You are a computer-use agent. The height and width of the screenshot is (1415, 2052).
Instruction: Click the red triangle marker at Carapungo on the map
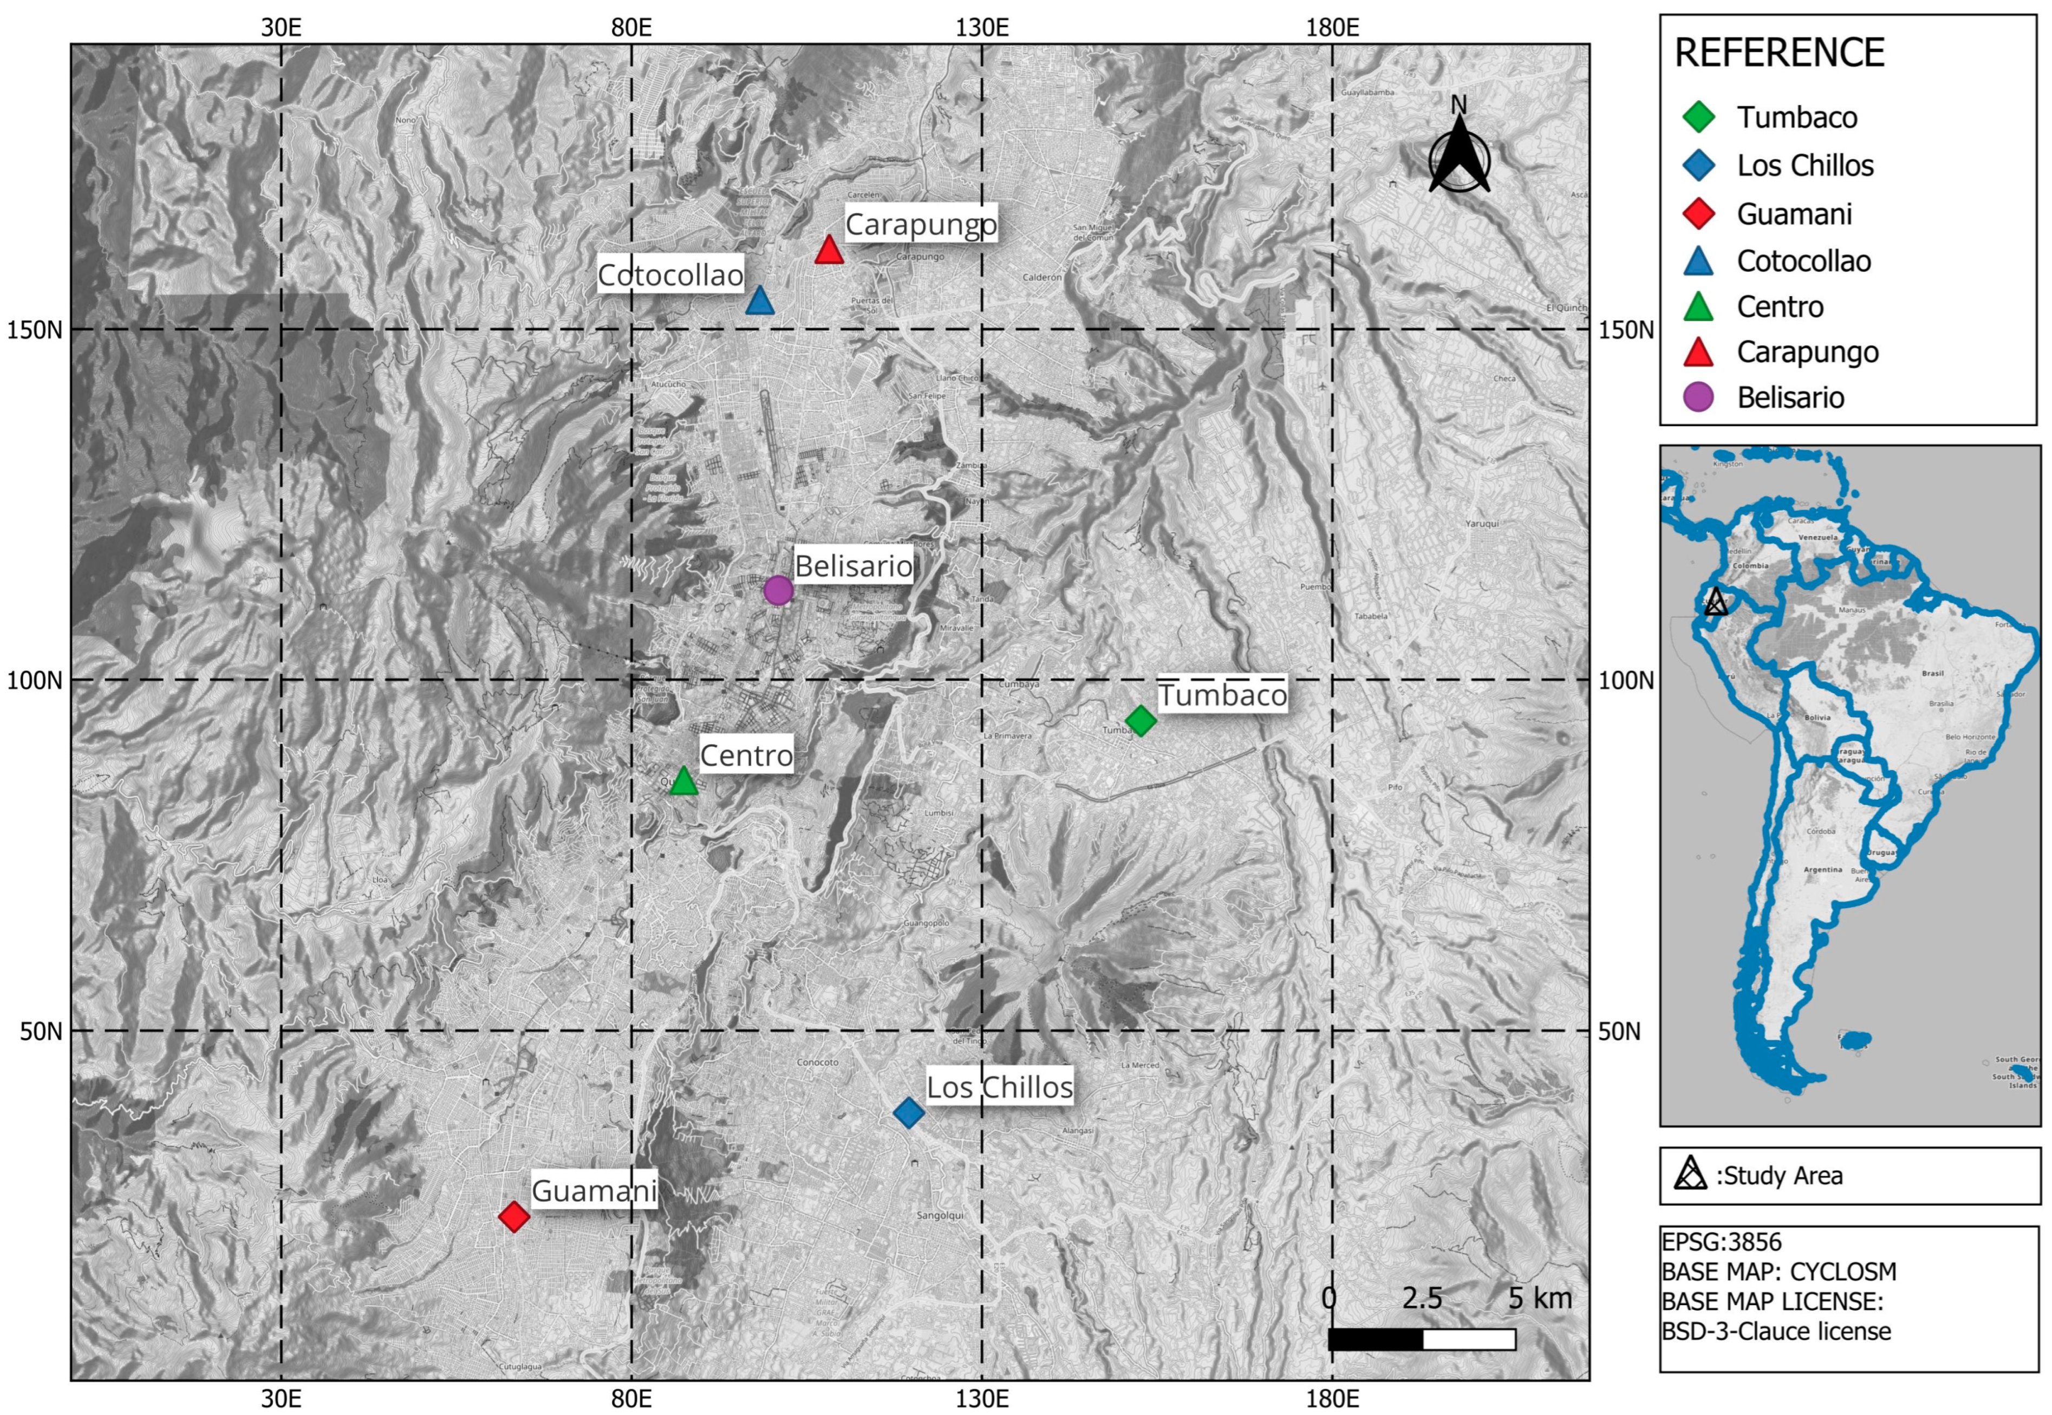pos(828,251)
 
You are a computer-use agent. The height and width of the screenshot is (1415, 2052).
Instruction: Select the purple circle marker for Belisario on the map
pos(777,590)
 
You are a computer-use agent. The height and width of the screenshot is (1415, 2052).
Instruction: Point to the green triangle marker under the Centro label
pos(683,781)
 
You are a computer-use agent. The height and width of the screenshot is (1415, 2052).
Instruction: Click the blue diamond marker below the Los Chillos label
pos(909,1112)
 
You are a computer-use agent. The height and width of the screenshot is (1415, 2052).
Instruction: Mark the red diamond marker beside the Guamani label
pos(514,1216)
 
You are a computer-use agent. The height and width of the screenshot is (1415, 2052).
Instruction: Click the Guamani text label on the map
pos(593,1191)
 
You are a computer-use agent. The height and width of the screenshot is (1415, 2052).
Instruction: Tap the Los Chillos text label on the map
pos(999,1087)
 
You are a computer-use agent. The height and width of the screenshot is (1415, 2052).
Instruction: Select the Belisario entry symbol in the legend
pos(1697,397)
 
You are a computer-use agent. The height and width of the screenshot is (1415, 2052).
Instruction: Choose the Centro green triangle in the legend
pos(1697,307)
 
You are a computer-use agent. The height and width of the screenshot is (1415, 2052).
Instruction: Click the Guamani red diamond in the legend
pos(1697,214)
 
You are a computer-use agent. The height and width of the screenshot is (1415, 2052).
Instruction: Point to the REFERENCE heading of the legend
pos(1779,53)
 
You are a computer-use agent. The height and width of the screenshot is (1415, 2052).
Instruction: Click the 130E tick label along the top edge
pos(982,28)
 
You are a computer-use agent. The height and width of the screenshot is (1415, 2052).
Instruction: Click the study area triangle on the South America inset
pos(1715,602)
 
